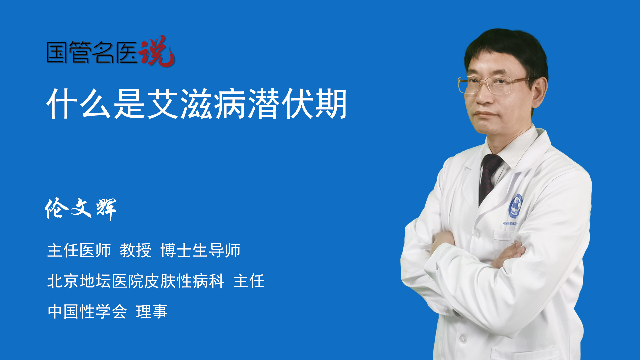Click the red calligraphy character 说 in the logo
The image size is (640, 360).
pos(157,51)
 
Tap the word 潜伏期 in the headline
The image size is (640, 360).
pos(297,104)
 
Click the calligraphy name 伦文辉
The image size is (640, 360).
pos(80,209)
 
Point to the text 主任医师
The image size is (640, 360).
pos(79,250)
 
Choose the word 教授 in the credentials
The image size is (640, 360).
pos(136,250)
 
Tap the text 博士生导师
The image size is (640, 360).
pos(200,250)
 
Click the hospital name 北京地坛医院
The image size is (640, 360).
pos(96,281)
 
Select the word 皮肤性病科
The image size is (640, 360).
pos(184,281)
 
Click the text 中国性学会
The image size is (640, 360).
pos(87,312)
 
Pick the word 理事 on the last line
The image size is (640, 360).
pos(152,312)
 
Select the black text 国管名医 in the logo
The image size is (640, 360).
pos(92,52)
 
